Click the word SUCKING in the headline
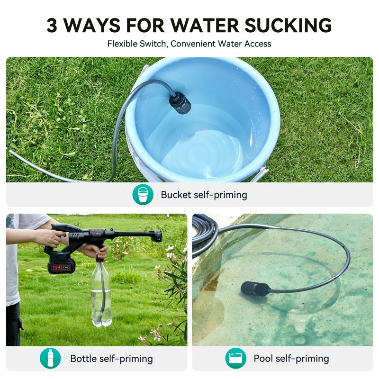(x=288, y=25)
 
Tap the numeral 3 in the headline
(x=52, y=25)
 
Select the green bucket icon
(x=143, y=195)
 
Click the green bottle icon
(x=50, y=358)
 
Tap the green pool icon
(x=235, y=358)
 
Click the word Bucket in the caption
(x=176, y=195)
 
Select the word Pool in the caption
(x=263, y=358)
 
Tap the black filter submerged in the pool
(x=255, y=289)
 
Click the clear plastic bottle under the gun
(x=101, y=294)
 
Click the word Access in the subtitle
(x=257, y=44)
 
